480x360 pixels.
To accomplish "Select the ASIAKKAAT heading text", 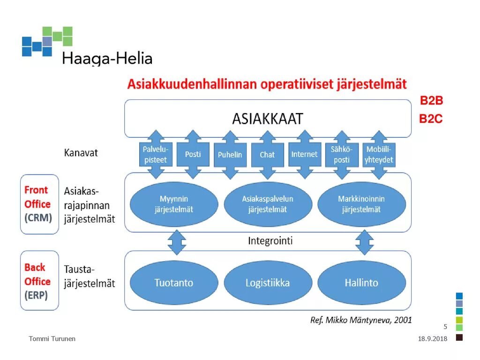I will point(267,119).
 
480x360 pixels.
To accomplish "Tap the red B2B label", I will point(431,101).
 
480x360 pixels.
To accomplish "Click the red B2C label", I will point(431,119).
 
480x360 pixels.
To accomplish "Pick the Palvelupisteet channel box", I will point(155,154).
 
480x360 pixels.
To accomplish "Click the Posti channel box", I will point(193,154).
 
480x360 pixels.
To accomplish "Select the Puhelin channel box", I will point(230,154).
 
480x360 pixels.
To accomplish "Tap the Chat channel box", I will point(267,154).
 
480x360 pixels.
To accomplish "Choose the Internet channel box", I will point(304,154).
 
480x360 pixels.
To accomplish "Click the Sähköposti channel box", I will point(342,154).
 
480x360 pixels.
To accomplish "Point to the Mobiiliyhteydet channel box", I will point(379,154).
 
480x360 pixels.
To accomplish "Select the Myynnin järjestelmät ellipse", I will point(173,204).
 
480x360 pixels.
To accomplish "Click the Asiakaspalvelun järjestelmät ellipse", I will point(267,204).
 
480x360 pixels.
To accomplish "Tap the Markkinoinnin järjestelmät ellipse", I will point(361,204).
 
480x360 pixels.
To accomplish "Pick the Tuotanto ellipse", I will point(173,283).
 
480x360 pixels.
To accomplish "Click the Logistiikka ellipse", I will point(267,283).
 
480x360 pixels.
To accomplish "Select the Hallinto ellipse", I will point(361,283).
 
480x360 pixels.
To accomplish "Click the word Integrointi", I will point(270,241).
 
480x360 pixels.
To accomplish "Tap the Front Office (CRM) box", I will point(39,204).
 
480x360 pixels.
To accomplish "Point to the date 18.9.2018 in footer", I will point(433,339).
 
